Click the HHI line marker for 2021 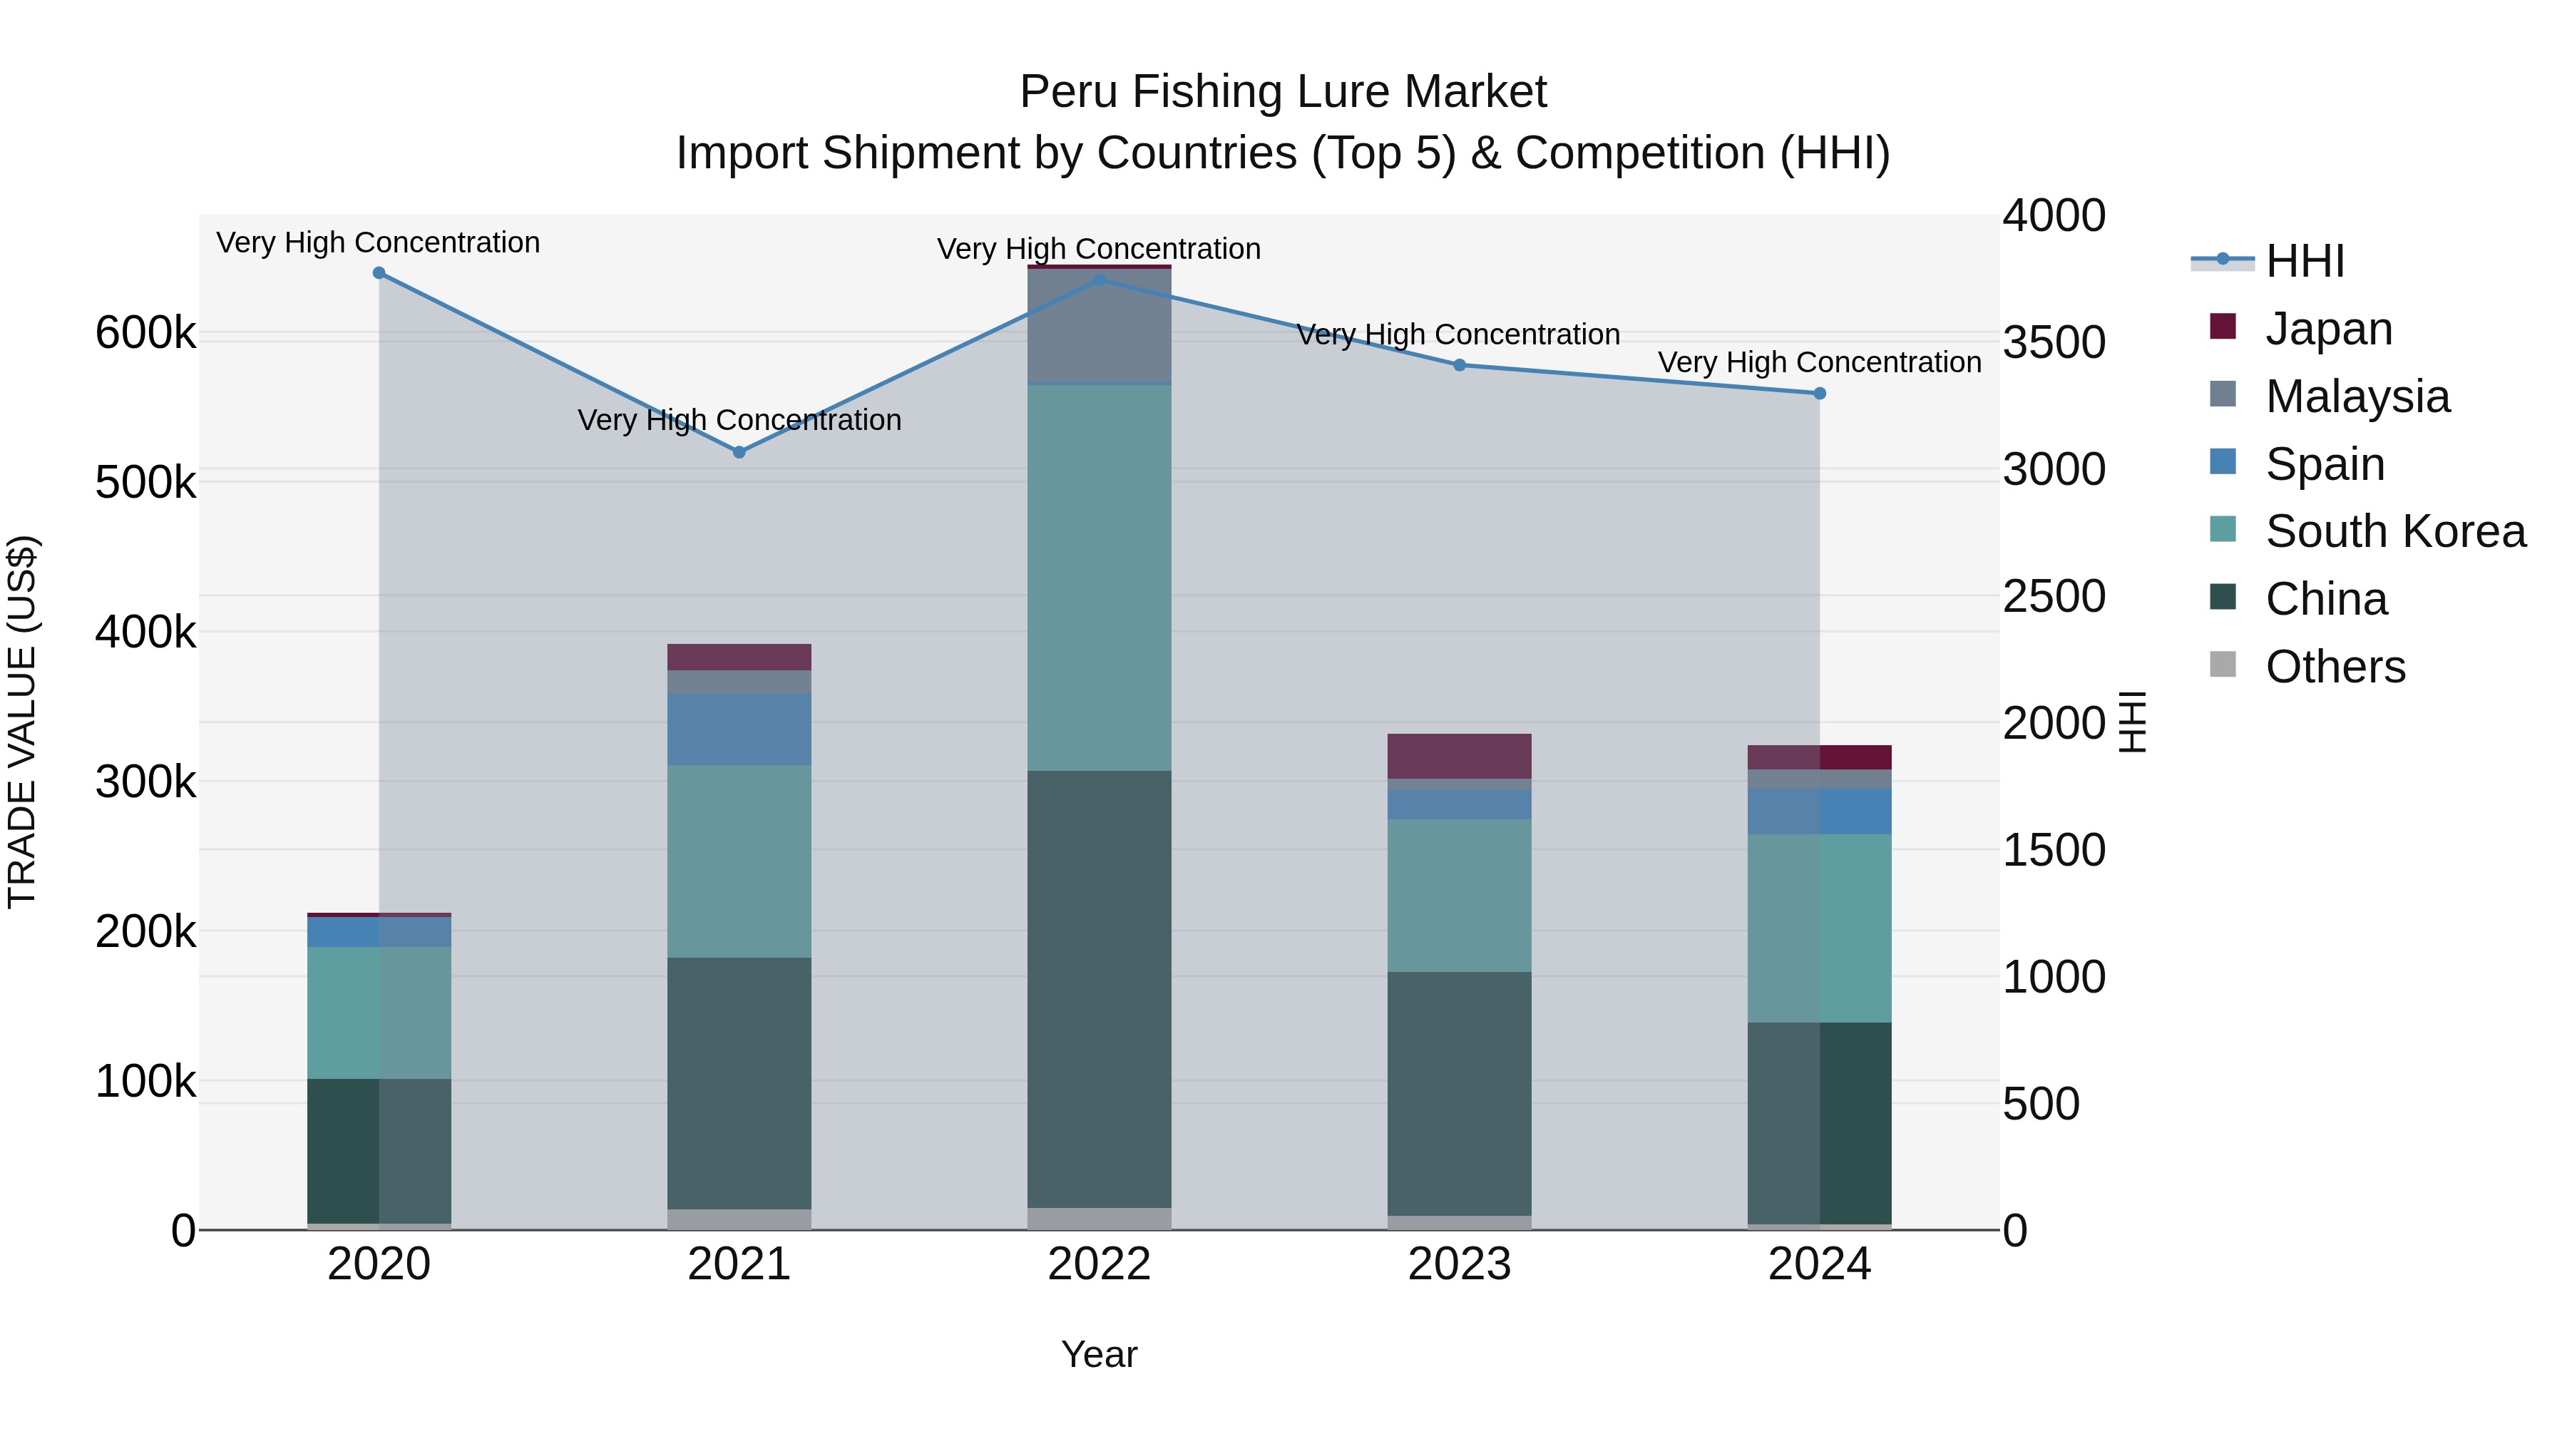point(739,452)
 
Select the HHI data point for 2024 point(1818,394)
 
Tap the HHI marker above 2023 point(1459,364)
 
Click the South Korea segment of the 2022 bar point(1099,578)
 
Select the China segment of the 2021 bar point(739,1083)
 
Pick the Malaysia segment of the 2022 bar point(1099,325)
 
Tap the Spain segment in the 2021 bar point(739,729)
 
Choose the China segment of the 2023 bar point(1459,1093)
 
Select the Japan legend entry point(2329,329)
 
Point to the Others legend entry point(2335,667)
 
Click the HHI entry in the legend point(2304,261)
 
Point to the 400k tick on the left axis point(145,632)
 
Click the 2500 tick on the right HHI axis point(2054,596)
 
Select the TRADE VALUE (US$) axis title point(22,722)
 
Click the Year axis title point(1099,1354)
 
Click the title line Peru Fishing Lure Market point(1283,92)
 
